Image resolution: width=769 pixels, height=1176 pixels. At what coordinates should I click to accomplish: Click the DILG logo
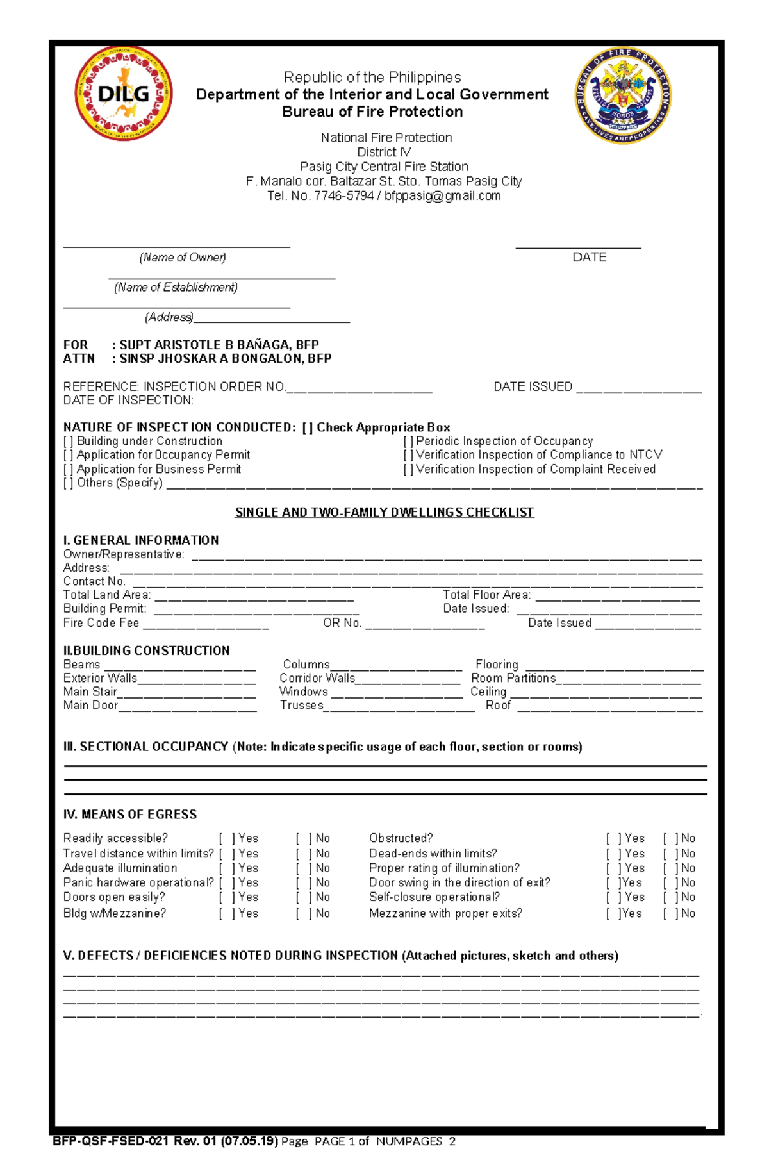tap(124, 94)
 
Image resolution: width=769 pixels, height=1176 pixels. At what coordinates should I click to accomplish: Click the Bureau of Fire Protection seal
tap(623, 95)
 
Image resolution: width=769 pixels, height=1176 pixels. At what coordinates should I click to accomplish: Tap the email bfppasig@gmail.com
tap(442, 196)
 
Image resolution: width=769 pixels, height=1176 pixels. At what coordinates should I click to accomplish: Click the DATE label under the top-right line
tap(589, 258)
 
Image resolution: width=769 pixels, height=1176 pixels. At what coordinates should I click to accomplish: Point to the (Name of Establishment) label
tap(176, 288)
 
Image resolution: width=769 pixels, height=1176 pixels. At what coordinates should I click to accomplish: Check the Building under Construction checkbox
tap(68, 442)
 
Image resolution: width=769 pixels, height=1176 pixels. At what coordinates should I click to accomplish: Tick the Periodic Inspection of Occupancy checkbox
tap(408, 442)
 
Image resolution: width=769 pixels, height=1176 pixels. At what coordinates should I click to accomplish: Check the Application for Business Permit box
tap(68, 470)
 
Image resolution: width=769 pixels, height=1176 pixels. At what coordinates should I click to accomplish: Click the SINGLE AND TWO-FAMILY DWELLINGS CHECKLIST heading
tap(384, 513)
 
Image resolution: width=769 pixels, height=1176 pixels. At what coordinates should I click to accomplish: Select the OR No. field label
tap(342, 623)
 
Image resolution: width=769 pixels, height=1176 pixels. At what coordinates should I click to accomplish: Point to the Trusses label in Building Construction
tap(301, 706)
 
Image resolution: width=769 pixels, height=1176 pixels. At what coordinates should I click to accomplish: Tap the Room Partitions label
tap(513, 678)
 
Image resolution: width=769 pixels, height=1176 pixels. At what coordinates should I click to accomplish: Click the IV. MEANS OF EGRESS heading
tap(130, 815)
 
